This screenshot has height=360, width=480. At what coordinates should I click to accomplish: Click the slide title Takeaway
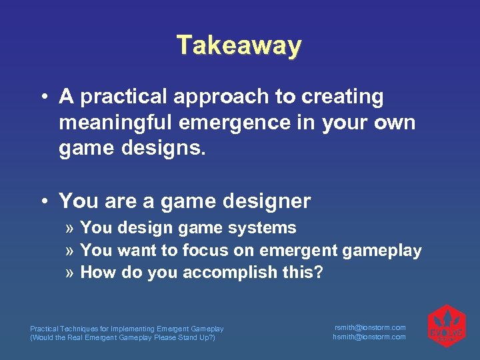[x=239, y=45]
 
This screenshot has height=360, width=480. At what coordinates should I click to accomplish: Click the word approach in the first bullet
[x=221, y=97]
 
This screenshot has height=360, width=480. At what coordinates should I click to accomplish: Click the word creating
[x=343, y=97]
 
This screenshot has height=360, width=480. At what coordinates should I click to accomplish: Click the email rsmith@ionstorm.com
[x=369, y=327]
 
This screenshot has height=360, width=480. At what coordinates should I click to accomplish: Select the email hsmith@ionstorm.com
[x=369, y=337]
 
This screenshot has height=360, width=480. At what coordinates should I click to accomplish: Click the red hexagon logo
[x=447, y=326]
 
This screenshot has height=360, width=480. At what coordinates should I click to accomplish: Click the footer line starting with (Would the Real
[x=123, y=337]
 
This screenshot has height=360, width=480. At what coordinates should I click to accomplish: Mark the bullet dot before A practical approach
[x=42, y=97]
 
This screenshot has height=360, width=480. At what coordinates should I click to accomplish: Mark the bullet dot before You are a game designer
[x=42, y=201]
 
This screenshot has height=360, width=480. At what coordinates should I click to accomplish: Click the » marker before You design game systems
[x=70, y=228]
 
